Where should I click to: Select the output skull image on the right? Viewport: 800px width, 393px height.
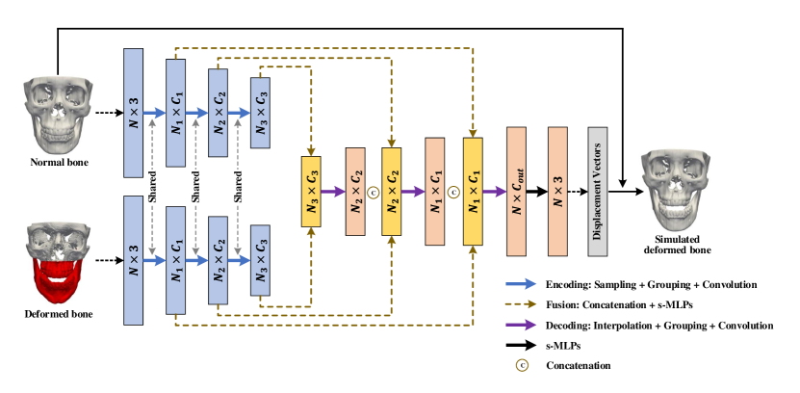pos(675,190)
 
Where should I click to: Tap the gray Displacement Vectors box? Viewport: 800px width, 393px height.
pos(598,192)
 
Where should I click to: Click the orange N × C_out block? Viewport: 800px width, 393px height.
pos(517,191)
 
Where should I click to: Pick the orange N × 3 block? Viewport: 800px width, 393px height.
pos(557,191)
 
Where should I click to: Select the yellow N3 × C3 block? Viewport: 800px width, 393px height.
pos(311,192)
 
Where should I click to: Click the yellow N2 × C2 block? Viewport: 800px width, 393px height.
pos(392,192)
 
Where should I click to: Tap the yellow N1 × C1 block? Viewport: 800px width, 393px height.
pos(473,192)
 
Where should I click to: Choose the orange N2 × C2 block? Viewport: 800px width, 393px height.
pos(355,192)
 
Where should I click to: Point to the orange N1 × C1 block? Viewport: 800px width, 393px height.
pos(435,192)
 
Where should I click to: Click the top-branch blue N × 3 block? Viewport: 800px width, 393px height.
pos(134,113)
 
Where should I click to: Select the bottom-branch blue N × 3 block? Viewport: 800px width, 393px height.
pos(134,260)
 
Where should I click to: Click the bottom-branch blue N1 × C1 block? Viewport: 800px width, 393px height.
pos(175,260)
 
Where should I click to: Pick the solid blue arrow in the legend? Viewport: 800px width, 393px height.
pos(521,284)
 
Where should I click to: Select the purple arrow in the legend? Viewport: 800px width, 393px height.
pos(521,325)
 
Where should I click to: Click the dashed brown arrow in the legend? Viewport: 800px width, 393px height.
pos(521,304)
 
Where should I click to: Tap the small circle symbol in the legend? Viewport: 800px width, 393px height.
pos(522,365)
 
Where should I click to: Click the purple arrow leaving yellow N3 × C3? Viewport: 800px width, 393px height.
pos(333,192)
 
